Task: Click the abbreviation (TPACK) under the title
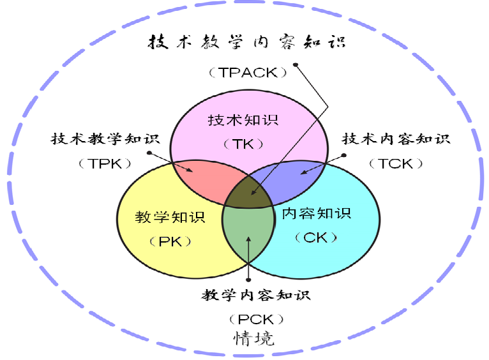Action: pyautogui.click(x=248, y=73)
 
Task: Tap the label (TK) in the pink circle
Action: pyautogui.click(x=244, y=144)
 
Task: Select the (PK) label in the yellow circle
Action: pyautogui.click(x=170, y=241)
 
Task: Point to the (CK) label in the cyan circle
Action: pyautogui.click(x=316, y=238)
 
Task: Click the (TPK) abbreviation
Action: pyautogui.click(x=105, y=163)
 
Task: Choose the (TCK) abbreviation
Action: pyautogui.click(x=396, y=163)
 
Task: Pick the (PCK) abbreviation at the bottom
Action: pyautogui.click(x=256, y=320)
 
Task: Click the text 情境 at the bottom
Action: pyautogui.click(x=254, y=338)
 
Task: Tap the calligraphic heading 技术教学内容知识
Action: pyautogui.click(x=247, y=41)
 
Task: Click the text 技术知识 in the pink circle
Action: pyautogui.click(x=243, y=120)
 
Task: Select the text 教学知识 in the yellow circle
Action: pyautogui.click(x=170, y=217)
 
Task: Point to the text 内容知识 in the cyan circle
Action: pyautogui.click(x=317, y=214)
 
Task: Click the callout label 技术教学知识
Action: pyautogui.click(x=105, y=139)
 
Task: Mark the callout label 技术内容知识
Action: pyautogui.click(x=396, y=139)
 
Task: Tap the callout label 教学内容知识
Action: pyautogui.click(x=256, y=295)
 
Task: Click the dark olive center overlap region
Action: pyautogui.click(x=248, y=193)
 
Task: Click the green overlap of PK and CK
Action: pyautogui.click(x=248, y=232)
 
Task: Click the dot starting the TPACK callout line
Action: pyautogui.click(x=296, y=65)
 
